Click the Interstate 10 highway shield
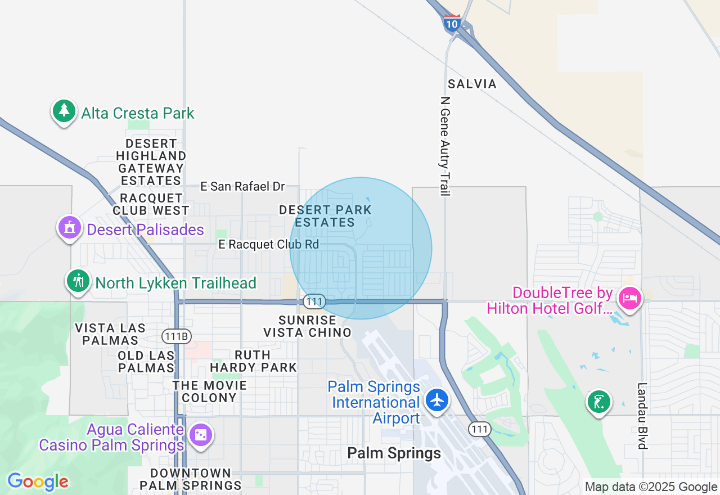click(x=452, y=22)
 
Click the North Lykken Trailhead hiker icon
click(x=78, y=281)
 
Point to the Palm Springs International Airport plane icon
click(x=437, y=400)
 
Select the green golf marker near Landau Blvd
click(x=600, y=402)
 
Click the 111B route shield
click(x=177, y=336)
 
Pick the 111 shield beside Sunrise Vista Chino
click(x=314, y=301)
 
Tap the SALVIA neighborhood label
click(x=472, y=84)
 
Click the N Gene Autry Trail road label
click(x=445, y=146)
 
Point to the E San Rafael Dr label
click(x=242, y=186)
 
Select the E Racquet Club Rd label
click(x=268, y=244)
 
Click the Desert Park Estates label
click(x=325, y=216)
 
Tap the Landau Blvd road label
click(x=642, y=416)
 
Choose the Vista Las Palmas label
click(x=110, y=334)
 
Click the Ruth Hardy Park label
click(x=253, y=361)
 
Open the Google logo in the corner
click(x=38, y=481)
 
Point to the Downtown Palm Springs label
click(x=191, y=479)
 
